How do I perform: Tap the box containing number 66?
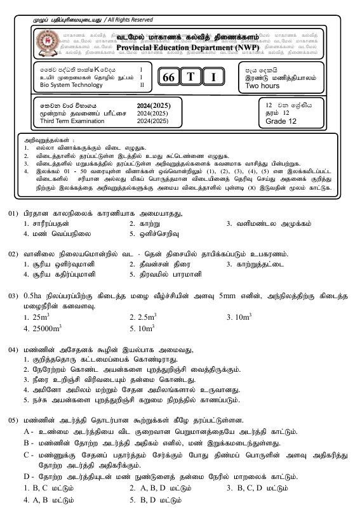[168, 77]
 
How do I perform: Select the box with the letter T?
[190, 77]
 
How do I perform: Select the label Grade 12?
[281, 121]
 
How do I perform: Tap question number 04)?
[14, 350]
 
